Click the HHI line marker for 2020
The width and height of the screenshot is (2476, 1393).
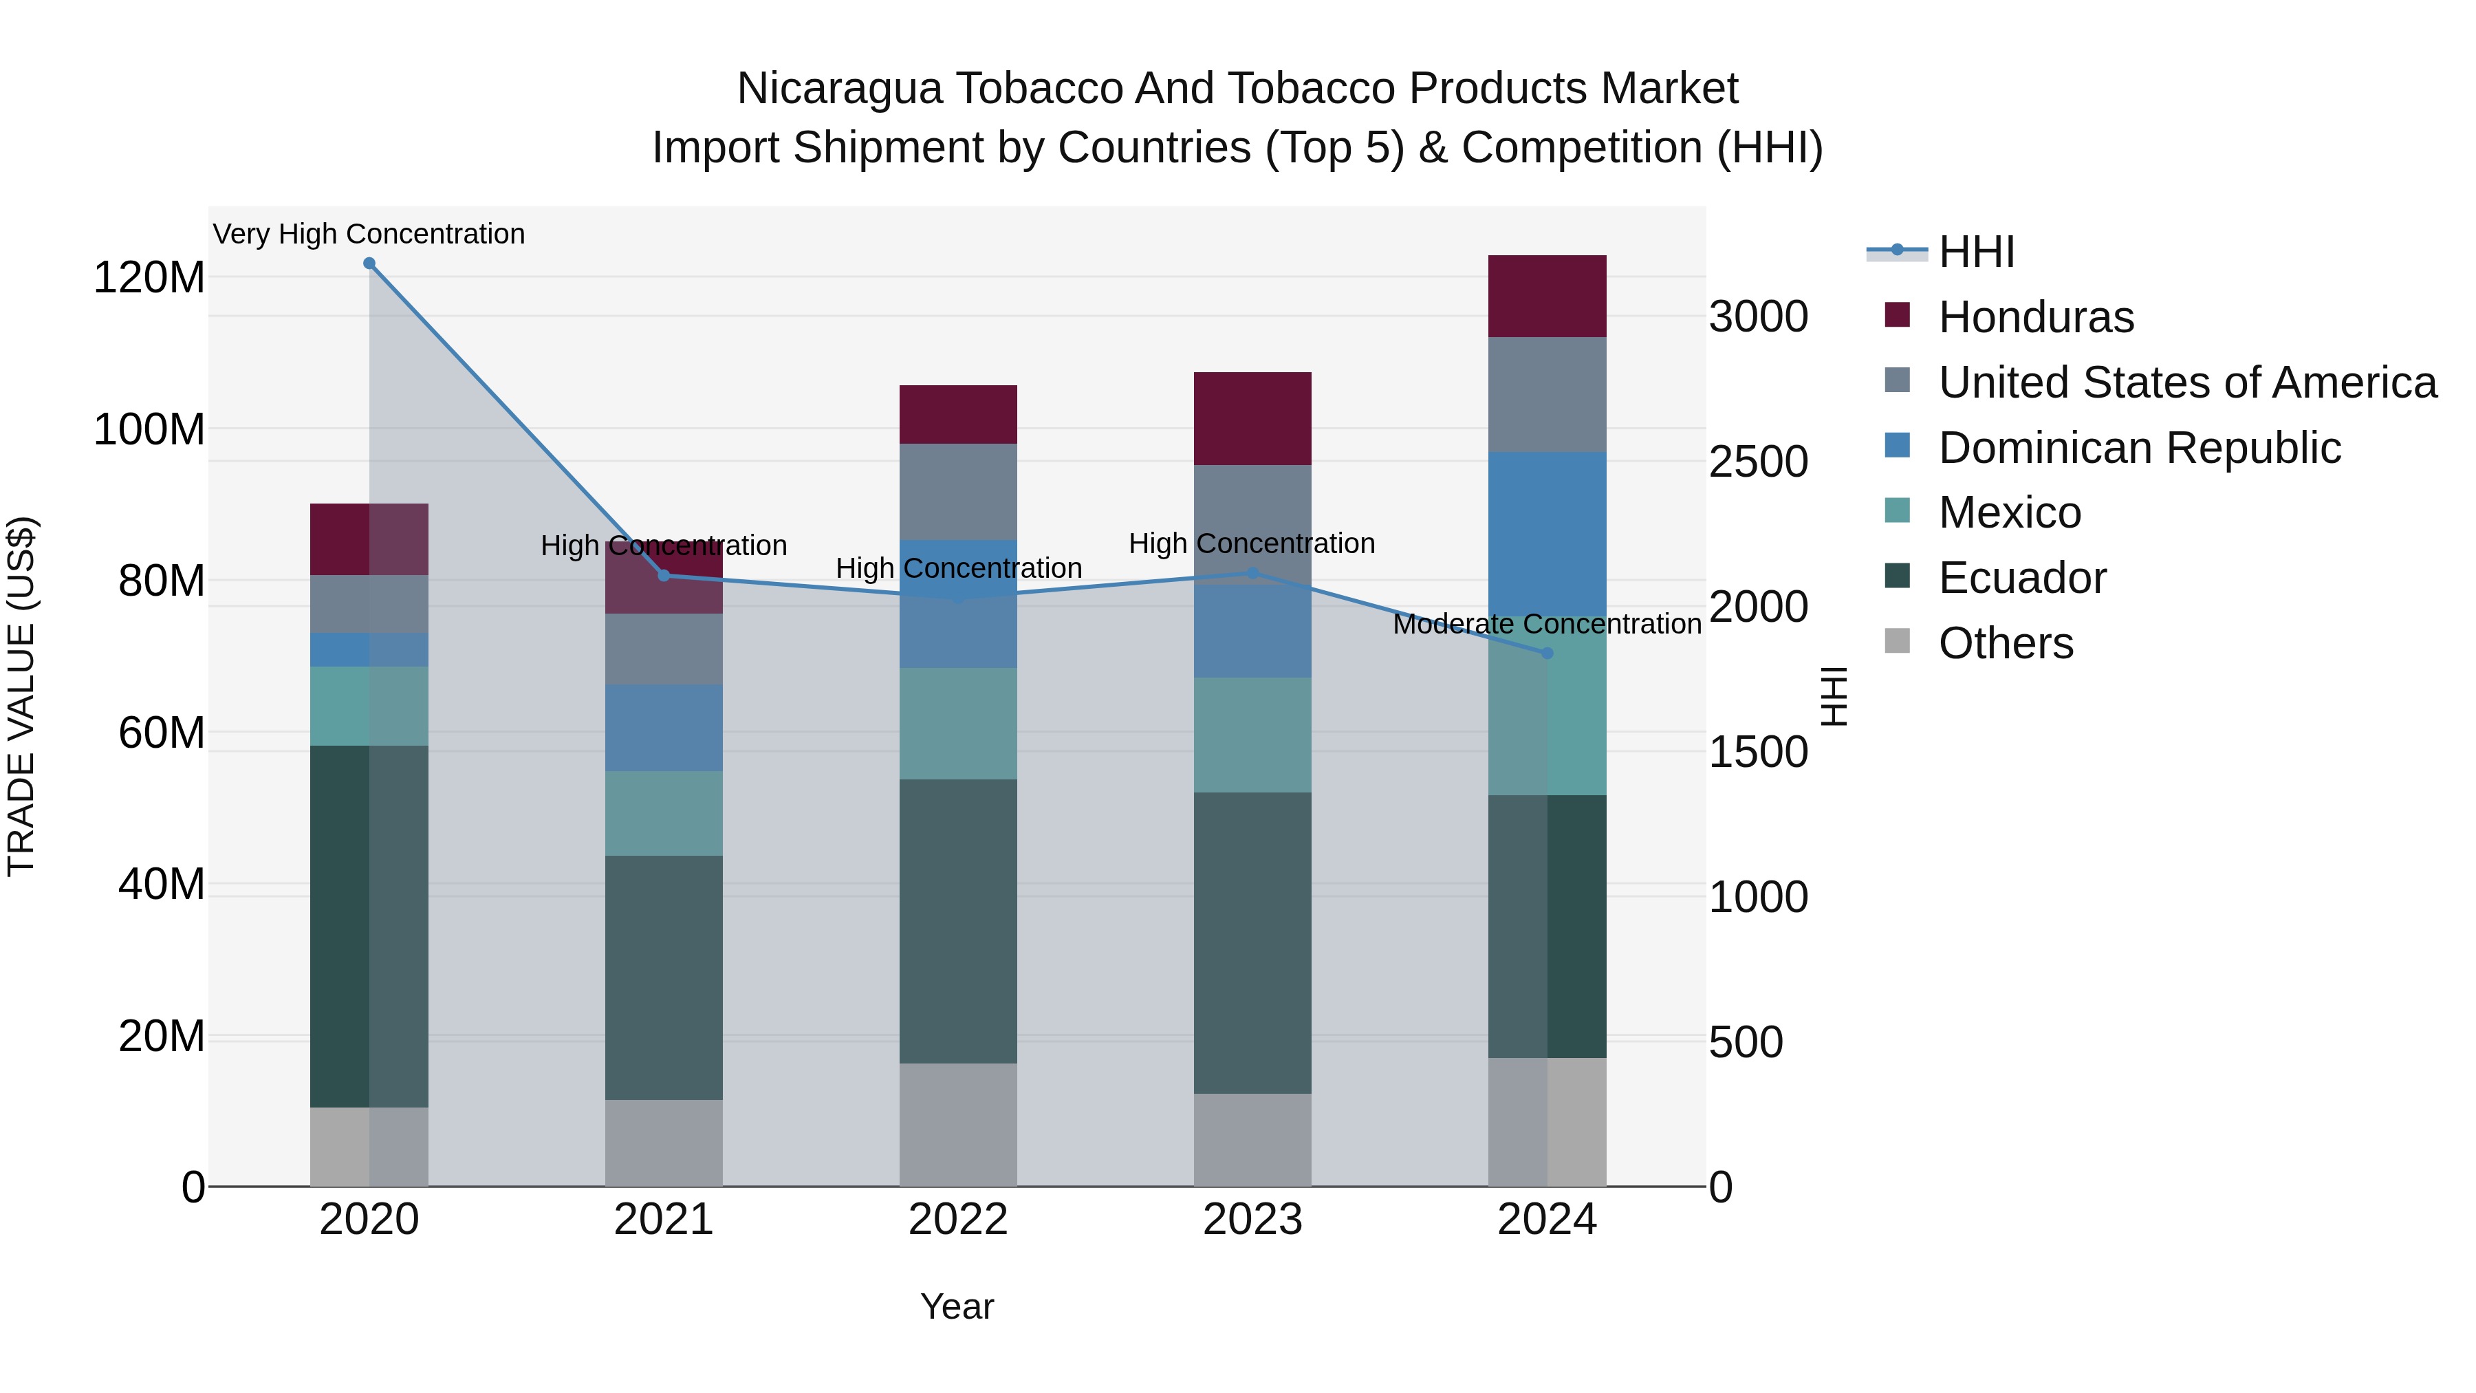point(369,263)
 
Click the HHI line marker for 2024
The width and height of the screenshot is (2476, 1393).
point(1547,653)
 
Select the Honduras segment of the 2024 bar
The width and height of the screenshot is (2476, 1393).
point(1547,296)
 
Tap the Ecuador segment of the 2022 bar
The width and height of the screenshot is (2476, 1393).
point(958,921)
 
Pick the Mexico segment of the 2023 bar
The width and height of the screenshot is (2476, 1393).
point(1252,735)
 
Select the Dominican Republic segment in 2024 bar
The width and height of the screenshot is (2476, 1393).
point(1547,534)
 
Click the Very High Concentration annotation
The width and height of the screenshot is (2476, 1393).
point(369,234)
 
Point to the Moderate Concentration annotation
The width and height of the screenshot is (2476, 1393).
point(1547,624)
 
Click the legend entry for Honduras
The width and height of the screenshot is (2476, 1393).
point(2036,317)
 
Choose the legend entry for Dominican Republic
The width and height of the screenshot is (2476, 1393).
point(2140,448)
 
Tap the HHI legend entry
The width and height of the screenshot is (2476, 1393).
point(1976,252)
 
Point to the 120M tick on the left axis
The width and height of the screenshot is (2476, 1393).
point(149,278)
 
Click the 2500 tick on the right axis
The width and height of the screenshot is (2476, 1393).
point(1758,462)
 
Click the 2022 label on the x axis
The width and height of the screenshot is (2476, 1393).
point(958,1220)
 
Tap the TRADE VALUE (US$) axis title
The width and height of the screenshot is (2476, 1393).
point(21,696)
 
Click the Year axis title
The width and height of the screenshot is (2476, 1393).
point(957,1306)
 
